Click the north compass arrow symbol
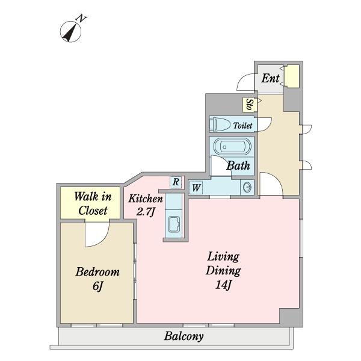tap(70, 32)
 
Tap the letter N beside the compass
tap(81, 19)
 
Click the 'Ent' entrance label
tap(270, 78)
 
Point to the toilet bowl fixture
tap(220, 125)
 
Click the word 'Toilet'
tap(242, 126)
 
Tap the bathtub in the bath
tap(232, 147)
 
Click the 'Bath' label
tap(238, 165)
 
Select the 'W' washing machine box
tap(196, 188)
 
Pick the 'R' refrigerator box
tap(176, 182)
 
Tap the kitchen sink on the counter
tap(174, 224)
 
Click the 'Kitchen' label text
tap(146, 199)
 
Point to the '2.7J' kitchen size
tap(145, 212)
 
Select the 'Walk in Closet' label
tap(93, 203)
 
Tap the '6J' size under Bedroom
tap(97, 286)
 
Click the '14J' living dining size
tap(223, 285)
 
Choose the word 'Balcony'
tap(184, 336)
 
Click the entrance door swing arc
tap(242, 78)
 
